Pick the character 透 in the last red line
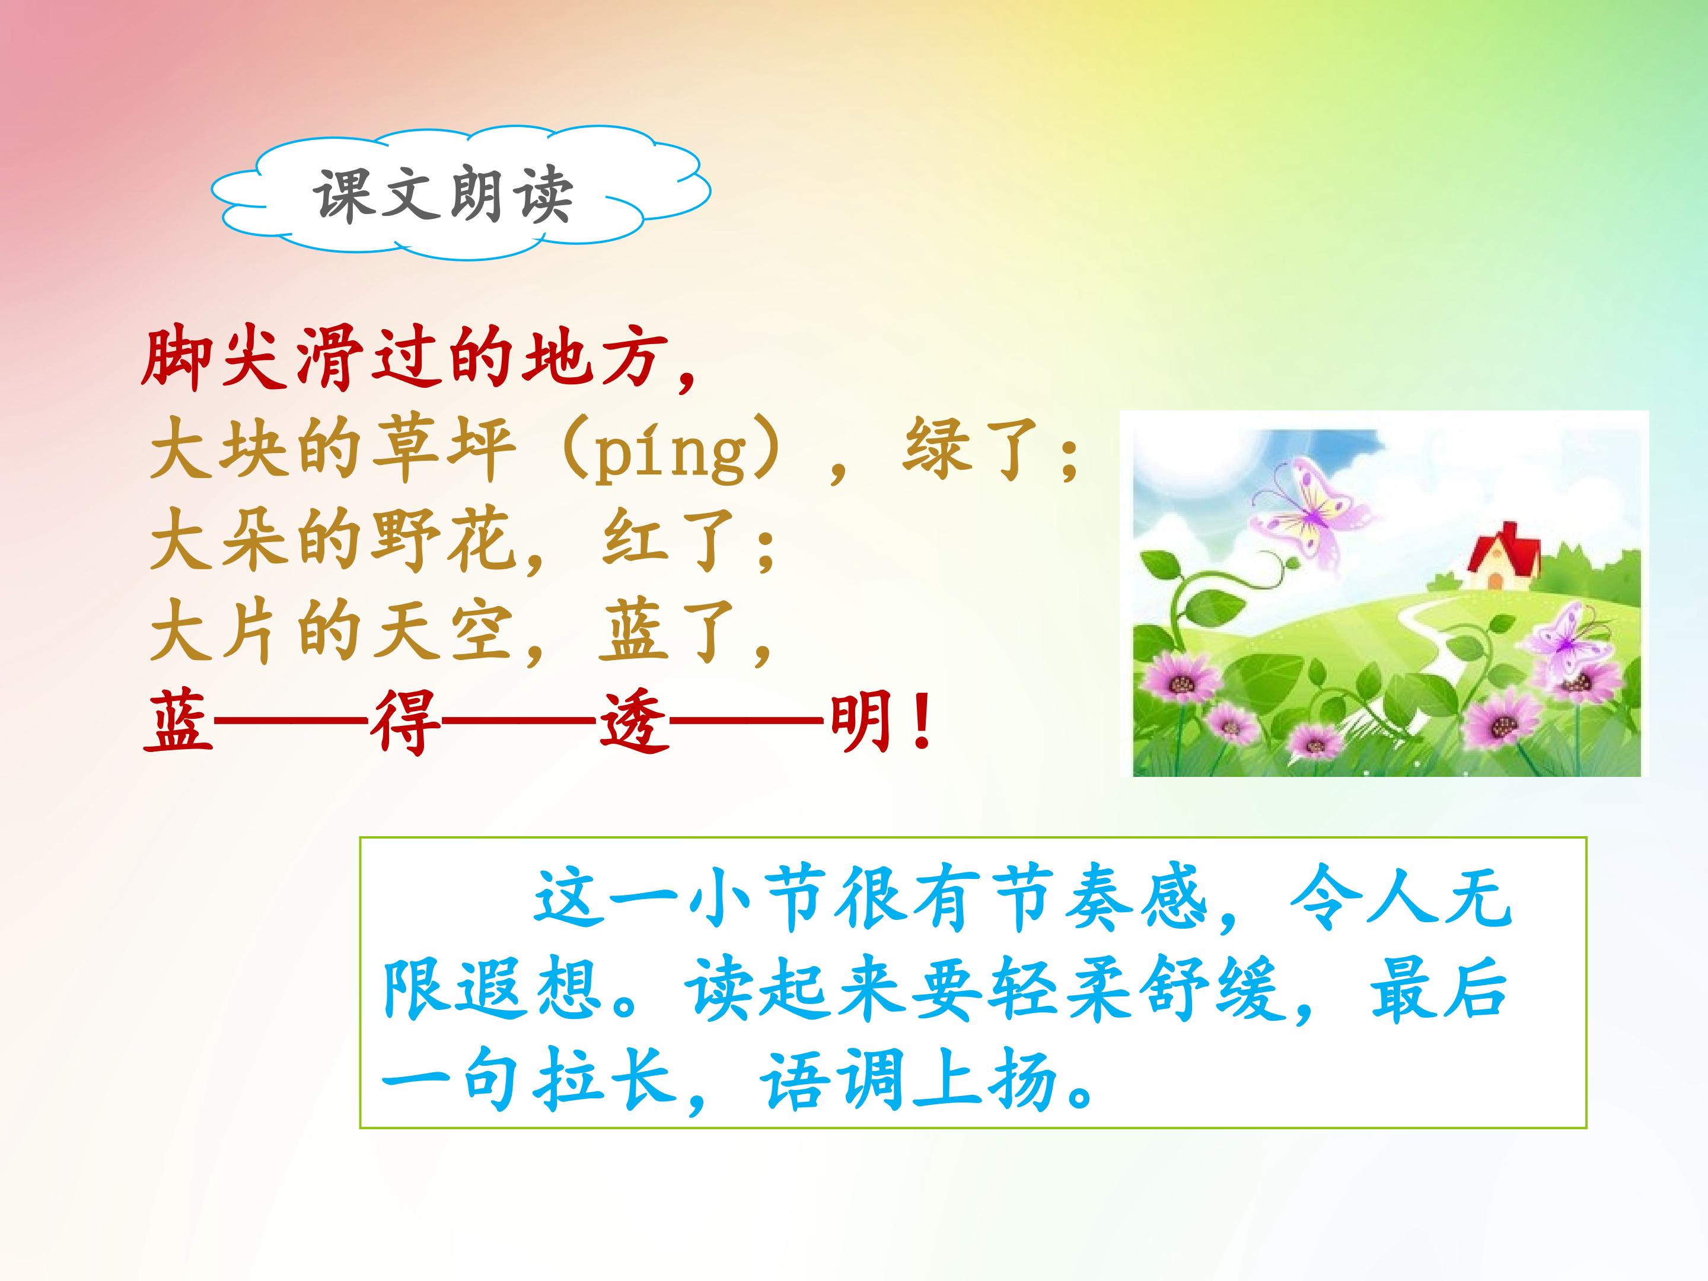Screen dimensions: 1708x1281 click(x=633, y=724)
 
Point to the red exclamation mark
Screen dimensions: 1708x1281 click(x=920, y=724)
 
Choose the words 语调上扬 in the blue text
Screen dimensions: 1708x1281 click(x=908, y=1081)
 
